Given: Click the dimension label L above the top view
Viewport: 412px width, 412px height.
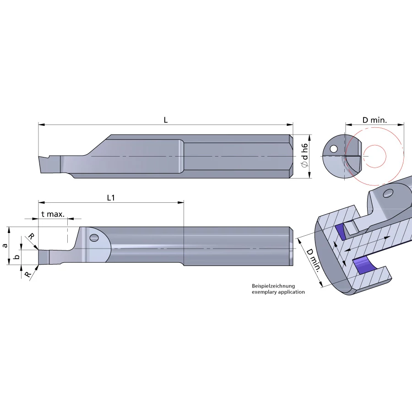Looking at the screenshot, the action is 166,120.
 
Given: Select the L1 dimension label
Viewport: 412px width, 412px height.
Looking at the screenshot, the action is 111,198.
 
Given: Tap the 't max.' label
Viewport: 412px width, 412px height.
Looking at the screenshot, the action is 53,214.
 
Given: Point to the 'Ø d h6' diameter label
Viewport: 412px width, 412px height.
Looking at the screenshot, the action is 304,156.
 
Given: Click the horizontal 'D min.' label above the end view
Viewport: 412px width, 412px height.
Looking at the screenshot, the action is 374,120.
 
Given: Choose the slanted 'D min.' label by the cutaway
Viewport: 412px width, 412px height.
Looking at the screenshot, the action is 313,260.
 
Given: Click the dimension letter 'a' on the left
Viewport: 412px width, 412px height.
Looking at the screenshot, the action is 5,246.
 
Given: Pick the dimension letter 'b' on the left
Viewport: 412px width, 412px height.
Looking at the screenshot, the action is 16,257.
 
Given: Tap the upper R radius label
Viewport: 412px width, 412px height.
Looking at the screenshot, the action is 31,236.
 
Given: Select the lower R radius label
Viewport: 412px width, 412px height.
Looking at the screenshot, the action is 27,275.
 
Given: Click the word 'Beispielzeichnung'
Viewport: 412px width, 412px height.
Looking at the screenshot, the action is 273,286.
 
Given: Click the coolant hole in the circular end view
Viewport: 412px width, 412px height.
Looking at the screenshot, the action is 333,149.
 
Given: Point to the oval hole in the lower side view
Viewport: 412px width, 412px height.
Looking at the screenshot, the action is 94,238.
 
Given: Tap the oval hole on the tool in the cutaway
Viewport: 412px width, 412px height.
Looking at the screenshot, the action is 388,194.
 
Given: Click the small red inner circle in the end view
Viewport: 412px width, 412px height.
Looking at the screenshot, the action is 374,156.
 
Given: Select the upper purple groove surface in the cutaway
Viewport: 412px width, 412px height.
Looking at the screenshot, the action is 341,231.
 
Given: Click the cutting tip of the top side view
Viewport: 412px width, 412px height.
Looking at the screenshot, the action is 39,157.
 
